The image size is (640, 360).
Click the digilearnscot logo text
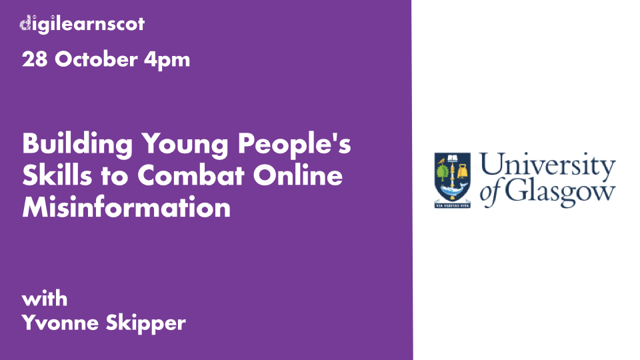82,24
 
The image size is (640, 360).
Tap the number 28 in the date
35,59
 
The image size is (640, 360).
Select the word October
96,59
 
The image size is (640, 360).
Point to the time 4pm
167,61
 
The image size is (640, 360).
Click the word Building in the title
77,145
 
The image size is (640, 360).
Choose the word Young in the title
185,145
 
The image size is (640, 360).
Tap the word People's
294,145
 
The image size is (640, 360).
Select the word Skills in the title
57,175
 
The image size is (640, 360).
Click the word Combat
191,175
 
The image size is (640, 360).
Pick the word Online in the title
297,175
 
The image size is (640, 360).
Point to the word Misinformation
127,207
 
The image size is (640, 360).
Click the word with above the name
45,299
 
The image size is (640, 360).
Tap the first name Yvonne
60,323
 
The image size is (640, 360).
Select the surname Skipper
146,323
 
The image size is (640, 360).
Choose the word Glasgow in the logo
560,192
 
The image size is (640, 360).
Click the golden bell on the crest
463,171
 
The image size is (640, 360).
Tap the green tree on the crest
443,172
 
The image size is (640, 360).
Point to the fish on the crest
453,189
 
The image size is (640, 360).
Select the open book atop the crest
453,158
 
